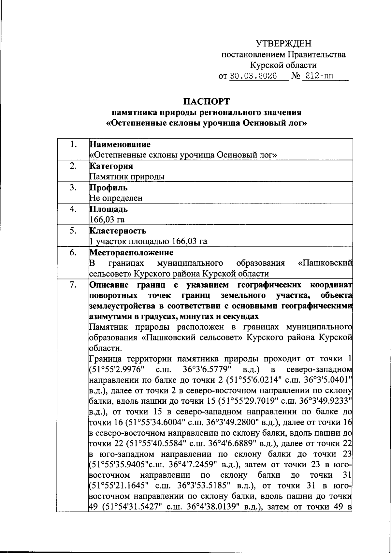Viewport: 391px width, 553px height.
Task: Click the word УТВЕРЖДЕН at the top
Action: pos(283,43)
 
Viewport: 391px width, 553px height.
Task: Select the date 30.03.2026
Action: pos(253,76)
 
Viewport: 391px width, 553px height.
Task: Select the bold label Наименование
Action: pos(120,144)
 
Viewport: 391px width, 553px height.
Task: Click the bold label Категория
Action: pos(111,166)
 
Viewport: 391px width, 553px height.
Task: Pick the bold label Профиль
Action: pos(109,188)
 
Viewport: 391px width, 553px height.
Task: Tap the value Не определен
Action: pos(116,198)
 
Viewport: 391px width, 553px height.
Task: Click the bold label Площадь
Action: pos(109,209)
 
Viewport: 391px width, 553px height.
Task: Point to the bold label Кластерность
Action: pos(118,231)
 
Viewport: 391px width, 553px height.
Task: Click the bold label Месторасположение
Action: pos(131,252)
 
